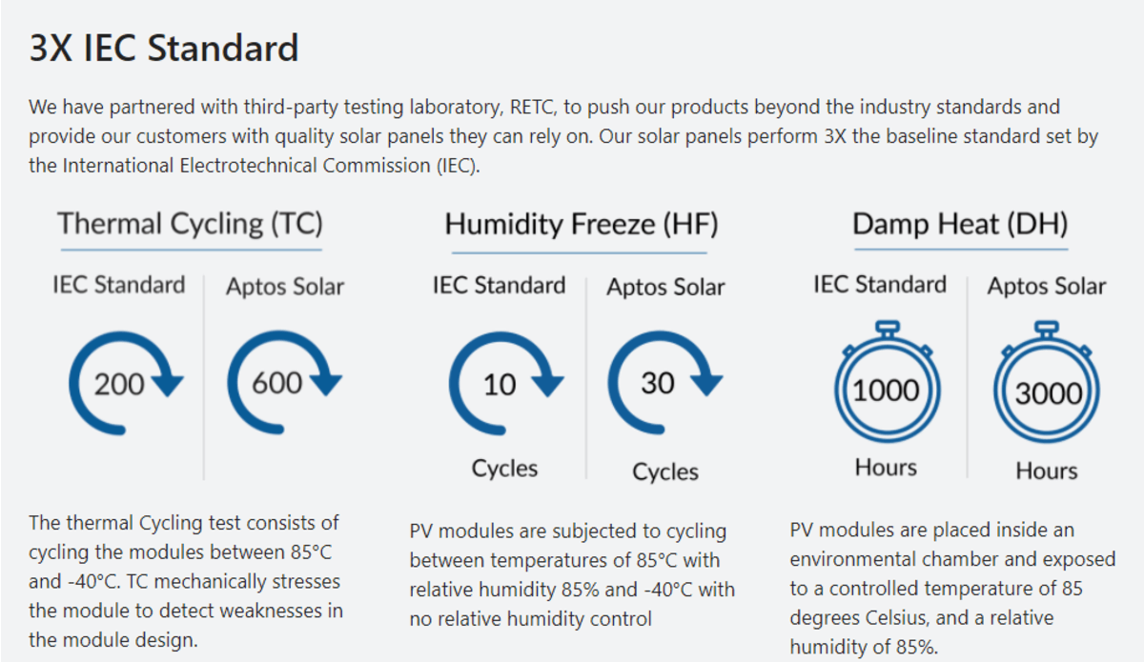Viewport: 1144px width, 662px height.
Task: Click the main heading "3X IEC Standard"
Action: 163,48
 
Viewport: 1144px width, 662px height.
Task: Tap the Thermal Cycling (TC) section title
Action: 190,224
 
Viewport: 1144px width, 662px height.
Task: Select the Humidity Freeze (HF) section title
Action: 582,224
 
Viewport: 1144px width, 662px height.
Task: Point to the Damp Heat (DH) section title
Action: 960,224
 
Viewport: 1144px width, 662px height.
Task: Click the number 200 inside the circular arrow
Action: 119,384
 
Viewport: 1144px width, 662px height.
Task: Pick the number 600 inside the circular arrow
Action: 277,383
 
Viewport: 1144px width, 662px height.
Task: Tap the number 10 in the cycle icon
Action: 500,384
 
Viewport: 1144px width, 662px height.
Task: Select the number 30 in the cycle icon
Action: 658,383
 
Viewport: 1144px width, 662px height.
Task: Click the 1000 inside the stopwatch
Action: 886,391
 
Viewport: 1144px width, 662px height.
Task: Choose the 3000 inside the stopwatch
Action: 1049,393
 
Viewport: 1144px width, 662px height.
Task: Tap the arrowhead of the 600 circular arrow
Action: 327,386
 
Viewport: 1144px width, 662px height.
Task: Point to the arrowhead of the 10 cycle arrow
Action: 548,387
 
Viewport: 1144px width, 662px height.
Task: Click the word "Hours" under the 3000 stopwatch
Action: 1047,471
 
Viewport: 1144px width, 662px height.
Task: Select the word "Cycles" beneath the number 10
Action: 504,469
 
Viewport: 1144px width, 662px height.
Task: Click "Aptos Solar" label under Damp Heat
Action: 1047,286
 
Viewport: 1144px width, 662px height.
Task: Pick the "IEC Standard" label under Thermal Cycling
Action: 118,284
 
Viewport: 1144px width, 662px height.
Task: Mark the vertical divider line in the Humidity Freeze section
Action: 586,378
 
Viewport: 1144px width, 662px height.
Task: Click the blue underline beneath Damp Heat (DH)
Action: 961,250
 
